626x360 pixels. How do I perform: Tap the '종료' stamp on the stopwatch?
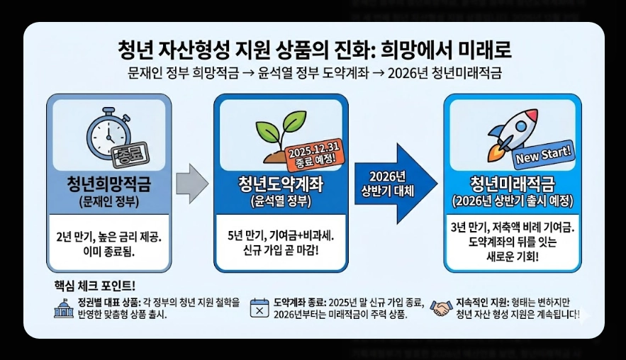coord(128,152)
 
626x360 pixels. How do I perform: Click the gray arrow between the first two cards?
coord(191,183)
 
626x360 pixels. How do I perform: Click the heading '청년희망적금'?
coord(108,186)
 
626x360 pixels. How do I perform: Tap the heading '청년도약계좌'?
coord(281,186)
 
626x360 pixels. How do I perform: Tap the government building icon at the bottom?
coord(64,308)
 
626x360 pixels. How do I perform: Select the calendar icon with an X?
coord(259,308)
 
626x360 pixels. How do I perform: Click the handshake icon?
coord(443,308)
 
